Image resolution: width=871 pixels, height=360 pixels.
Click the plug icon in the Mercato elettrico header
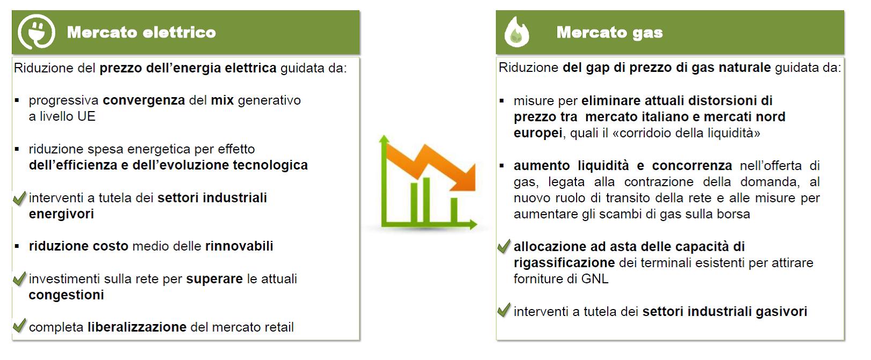coord(36,32)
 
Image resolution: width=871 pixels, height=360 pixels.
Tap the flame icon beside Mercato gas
coord(517,32)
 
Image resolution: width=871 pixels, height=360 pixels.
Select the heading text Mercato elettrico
coord(141,32)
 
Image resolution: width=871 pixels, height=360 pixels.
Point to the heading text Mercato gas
coord(609,33)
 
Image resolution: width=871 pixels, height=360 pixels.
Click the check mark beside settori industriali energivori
coord(19,198)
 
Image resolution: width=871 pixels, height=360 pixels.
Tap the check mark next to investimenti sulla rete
coord(19,279)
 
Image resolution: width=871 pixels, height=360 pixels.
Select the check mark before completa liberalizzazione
coord(19,326)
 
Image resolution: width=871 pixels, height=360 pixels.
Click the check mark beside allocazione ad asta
coord(504,246)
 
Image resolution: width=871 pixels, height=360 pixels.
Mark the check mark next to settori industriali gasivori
coord(504,310)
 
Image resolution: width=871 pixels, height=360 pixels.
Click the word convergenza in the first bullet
coord(144,100)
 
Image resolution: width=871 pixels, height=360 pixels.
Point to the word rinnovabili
coord(239,246)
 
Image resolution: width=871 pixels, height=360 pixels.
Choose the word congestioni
coord(67,295)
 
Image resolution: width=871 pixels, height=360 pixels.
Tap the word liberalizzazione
coord(137,327)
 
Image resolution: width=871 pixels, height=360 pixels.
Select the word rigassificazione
coord(564,263)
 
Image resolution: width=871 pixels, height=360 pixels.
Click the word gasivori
coord(781,311)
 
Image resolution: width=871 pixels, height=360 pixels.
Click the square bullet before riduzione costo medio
coord(17,246)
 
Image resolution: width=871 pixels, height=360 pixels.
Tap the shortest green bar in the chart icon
coord(454,210)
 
